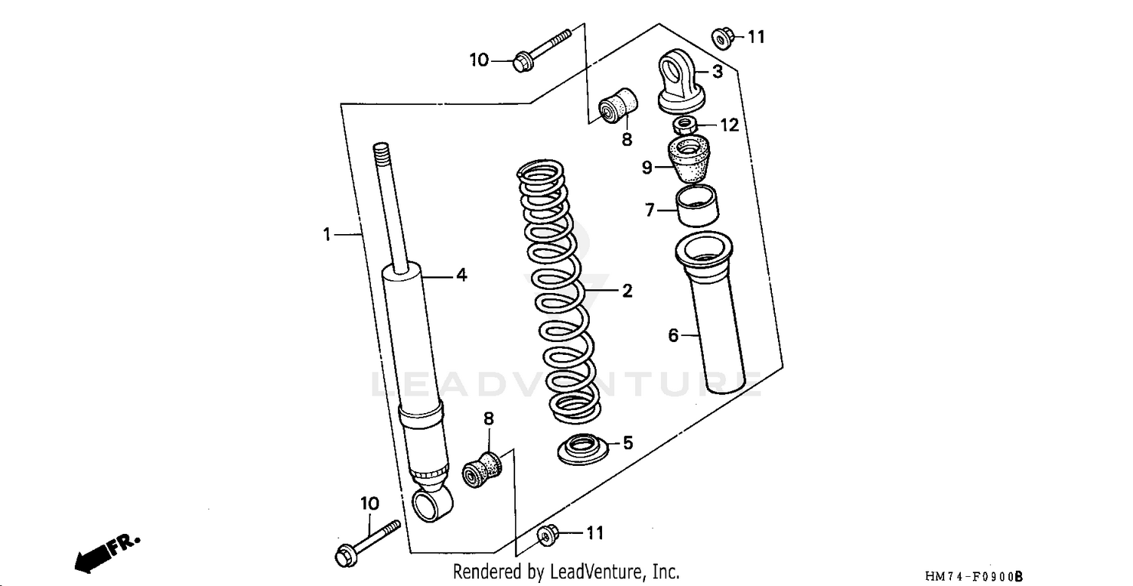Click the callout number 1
pyautogui.click(x=326, y=235)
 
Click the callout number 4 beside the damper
pyautogui.click(x=461, y=276)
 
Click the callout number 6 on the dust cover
pyautogui.click(x=674, y=335)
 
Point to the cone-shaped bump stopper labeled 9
pyautogui.click(x=689, y=160)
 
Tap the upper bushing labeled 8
pyautogui.click(x=618, y=106)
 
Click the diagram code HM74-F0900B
pyautogui.click(x=974, y=577)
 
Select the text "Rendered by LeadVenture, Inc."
pyautogui.click(x=566, y=572)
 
